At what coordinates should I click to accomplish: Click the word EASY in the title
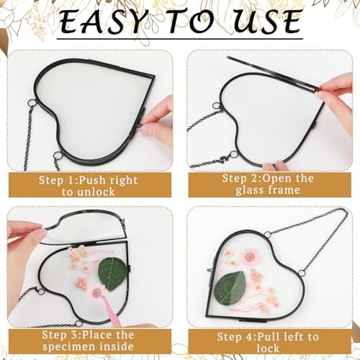(x=100, y=22)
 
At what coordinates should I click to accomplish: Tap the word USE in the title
(x=267, y=22)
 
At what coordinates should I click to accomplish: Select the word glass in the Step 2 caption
(x=250, y=190)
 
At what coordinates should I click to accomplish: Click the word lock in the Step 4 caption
(x=268, y=348)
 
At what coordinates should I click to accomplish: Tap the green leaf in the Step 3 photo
(x=112, y=274)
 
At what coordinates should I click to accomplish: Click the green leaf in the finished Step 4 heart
(x=230, y=288)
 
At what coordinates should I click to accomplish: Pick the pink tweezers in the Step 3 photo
(x=112, y=312)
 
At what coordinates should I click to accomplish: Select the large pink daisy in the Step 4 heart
(x=250, y=257)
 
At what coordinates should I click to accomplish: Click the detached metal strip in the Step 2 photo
(x=273, y=73)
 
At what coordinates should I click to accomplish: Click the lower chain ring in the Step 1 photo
(x=57, y=156)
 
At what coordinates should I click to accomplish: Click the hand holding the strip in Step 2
(x=336, y=96)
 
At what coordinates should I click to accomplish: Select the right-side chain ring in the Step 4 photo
(x=302, y=273)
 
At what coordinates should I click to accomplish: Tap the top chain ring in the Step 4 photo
(x=268, y=233)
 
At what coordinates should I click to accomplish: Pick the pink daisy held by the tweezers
(x=96, y=292)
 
